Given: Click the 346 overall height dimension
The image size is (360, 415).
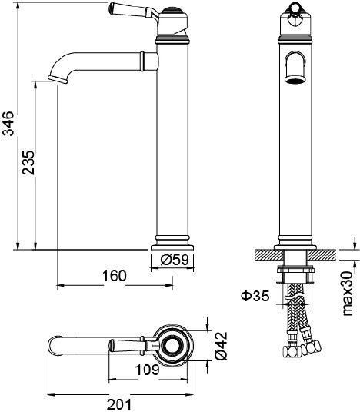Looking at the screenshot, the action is (x=9, y=124).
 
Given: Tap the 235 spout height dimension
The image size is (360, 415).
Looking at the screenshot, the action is (x=28, y=162).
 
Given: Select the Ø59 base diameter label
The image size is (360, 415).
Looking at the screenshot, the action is (x=175, y=260).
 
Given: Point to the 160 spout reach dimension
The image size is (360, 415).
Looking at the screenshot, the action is (x=115, y=276).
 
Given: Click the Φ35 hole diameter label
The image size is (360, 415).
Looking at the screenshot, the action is (x=255, y=296).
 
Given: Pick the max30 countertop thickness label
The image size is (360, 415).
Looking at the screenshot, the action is (x=348, y=294).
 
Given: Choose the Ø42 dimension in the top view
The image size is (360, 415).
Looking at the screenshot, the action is (x=222, y=345).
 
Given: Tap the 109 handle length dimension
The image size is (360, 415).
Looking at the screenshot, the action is (x=147, y=370).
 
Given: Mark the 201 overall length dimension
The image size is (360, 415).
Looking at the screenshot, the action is (x=119, y=404).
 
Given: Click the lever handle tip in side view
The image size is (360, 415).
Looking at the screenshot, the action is (x=111, y=8).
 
